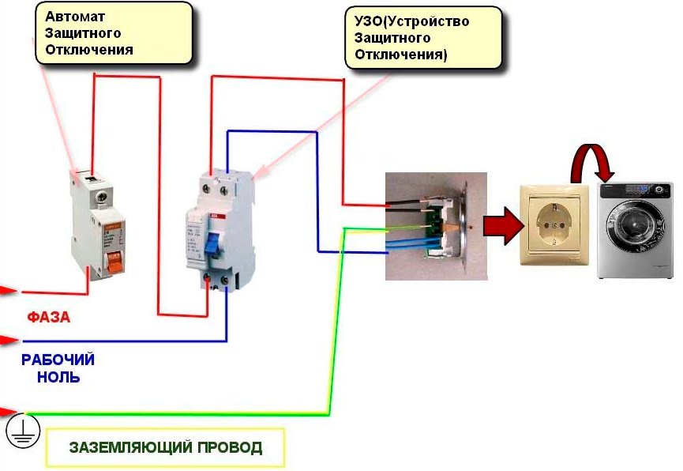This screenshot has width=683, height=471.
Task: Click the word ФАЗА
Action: (49, 318)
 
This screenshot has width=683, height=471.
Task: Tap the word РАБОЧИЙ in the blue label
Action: (58, 360)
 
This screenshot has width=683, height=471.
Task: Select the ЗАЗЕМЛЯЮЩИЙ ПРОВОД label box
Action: (165, 448)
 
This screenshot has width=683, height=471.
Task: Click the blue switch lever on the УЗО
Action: (212, 246)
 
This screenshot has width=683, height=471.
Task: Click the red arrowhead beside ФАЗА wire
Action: (9, 291)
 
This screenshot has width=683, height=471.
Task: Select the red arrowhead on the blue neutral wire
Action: (9, 341)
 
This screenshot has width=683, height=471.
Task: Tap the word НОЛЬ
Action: (58, 378)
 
